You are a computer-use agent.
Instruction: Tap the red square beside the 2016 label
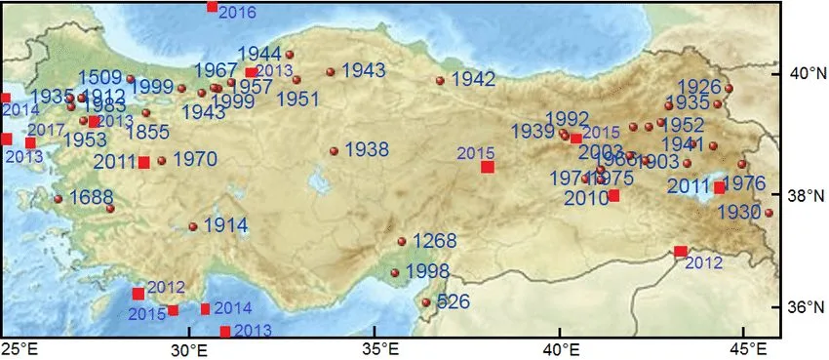213,7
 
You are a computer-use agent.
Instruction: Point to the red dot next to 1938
335,151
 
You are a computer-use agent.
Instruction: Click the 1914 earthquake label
225,224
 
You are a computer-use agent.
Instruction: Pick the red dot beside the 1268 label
402,242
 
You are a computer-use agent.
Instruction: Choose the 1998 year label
427,270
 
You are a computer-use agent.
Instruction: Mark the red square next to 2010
613,195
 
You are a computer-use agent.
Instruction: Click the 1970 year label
194,158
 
